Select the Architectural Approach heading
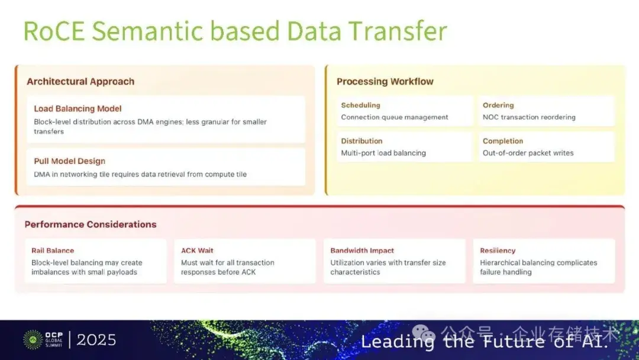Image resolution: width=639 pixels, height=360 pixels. coord(80,82)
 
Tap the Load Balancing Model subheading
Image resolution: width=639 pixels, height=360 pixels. coord(78,109)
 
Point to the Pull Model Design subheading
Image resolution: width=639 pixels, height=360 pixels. coord(70,161)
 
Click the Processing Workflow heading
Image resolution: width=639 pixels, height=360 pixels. coord(385,82)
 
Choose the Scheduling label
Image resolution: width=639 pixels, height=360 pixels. coord(360,105)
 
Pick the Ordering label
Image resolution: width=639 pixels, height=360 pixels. coord(498,105)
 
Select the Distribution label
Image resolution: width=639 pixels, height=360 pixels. coord(362,141)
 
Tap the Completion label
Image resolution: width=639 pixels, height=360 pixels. coord(503,141)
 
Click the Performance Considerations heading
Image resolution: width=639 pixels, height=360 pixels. coord(91,224)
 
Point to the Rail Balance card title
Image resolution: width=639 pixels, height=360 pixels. coord(53,250)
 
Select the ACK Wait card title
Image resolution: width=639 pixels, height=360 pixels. coord(197,250)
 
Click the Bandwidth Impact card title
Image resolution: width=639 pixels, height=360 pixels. coord(362,250)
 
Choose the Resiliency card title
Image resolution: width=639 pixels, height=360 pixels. coord(498,250)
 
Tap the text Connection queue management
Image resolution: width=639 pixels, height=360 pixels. coord(395,117)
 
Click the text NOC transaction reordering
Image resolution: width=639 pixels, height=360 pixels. coord(529,117)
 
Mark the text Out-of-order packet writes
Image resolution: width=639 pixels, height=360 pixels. coord(528,153)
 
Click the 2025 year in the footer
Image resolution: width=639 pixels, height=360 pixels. coord(96,340)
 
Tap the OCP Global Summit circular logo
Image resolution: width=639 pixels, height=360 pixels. coord(32,339)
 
